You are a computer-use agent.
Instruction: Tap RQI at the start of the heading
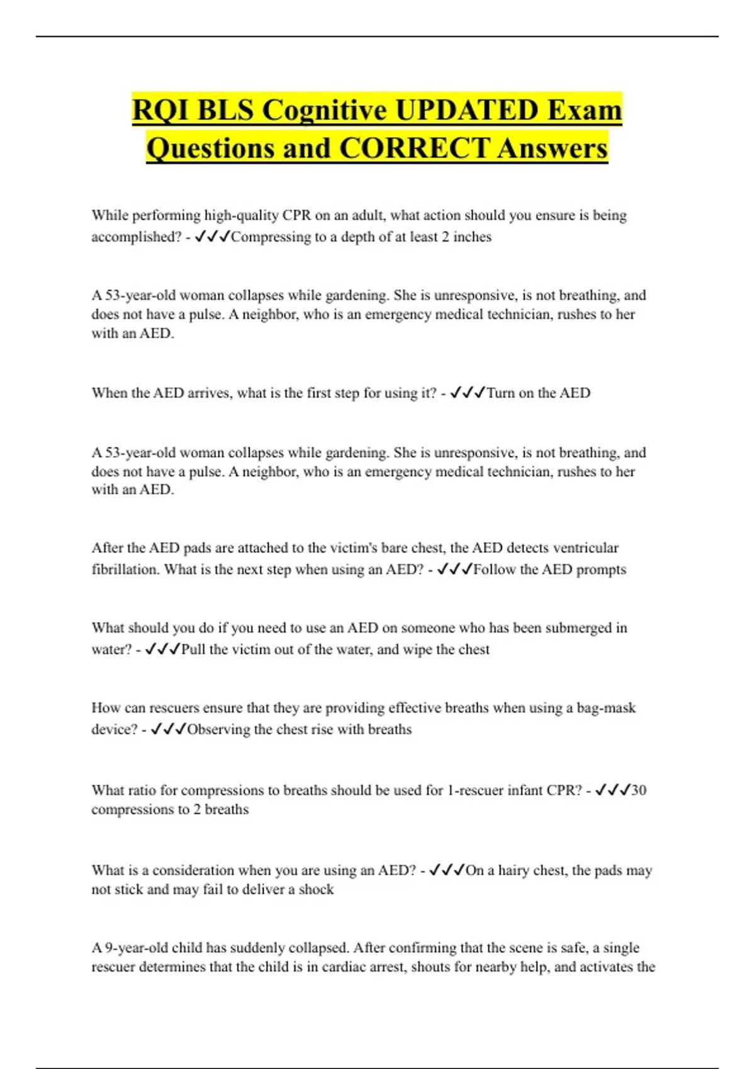[158, 111]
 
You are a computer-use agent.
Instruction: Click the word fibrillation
[125, 570]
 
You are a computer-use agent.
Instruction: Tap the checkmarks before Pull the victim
[162, 650]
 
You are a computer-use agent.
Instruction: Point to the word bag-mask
[606, 708]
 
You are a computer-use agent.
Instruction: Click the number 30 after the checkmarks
[639, 790]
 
